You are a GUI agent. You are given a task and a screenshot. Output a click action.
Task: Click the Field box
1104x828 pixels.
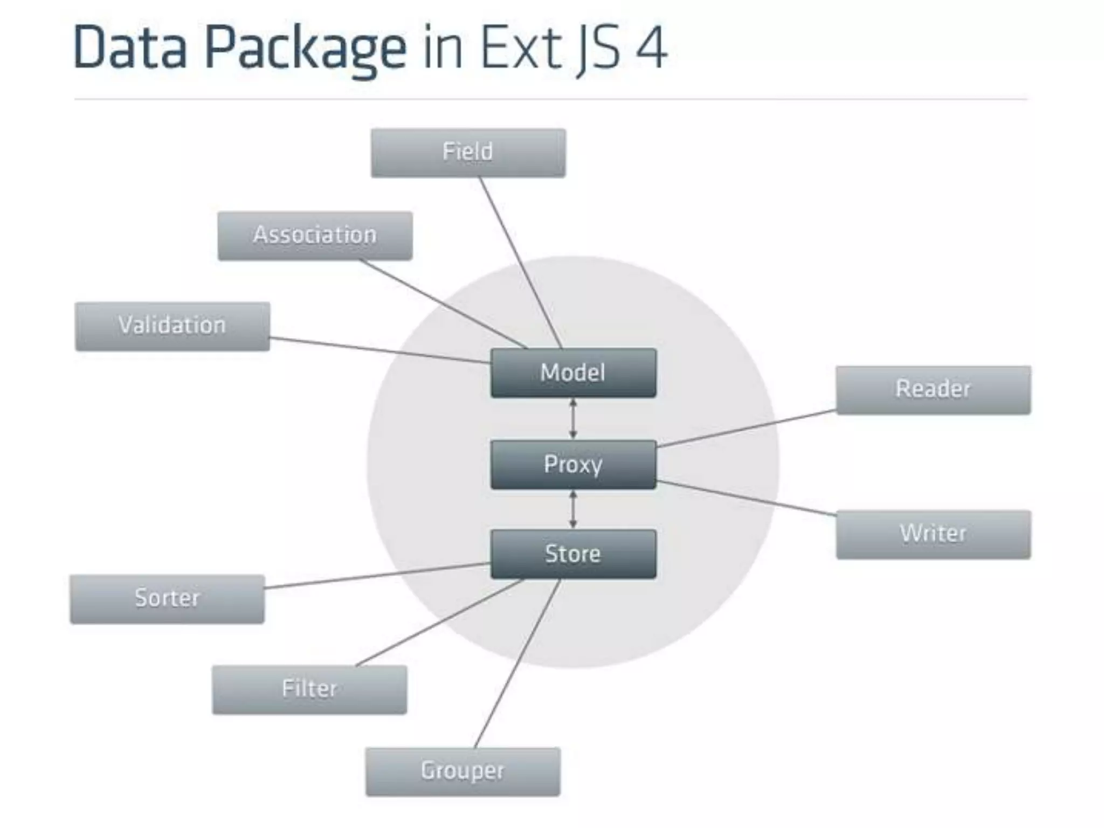pyautogui.click(x=468, y=153)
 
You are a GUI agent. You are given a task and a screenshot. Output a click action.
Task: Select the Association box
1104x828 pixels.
pyautogui.click(x=315, y=236)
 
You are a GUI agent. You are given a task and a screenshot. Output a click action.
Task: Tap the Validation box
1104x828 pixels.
pyautogui.click(x=172, y=326)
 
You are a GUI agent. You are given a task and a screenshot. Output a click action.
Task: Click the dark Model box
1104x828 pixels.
pyautogui.click(x=573, y=373)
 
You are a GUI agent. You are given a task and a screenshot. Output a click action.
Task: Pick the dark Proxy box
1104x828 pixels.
pyautogui.click(x=573, y=465)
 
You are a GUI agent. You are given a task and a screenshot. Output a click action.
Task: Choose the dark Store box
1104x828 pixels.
pyautogui.click(x=573, y=554)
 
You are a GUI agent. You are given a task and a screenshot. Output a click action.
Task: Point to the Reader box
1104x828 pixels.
pyautogui.click(x=933, y=390)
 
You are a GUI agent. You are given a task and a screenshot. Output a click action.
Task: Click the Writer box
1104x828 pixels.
pyautogui.click(x=933, y=534)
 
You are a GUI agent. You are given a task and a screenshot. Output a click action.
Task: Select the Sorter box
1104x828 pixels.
pyautogui.click(x=167, y=599)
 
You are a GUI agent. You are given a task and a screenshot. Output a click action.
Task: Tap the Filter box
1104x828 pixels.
pyautogui.click(x=309, y=689)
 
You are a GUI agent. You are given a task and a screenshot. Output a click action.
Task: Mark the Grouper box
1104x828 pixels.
pyautogui.click(x=463, y=771)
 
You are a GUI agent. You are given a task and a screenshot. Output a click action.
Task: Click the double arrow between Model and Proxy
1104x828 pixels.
pyautogui.click(x=573, y=419)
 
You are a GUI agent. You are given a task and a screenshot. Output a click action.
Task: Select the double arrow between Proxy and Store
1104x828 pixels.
pyautogui.click(x=573, y=509)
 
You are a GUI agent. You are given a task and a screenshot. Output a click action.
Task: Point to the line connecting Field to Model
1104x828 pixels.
pyautogui.click(x=521, y=263)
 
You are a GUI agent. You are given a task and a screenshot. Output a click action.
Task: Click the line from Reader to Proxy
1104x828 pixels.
pyautogui.click(x=747, y=429)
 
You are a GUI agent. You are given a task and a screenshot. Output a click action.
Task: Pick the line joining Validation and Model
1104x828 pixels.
pyautogui.click(x=380, y=350)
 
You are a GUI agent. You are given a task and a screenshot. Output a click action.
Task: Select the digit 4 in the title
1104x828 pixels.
pyautogui.click(x=651, y=47)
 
